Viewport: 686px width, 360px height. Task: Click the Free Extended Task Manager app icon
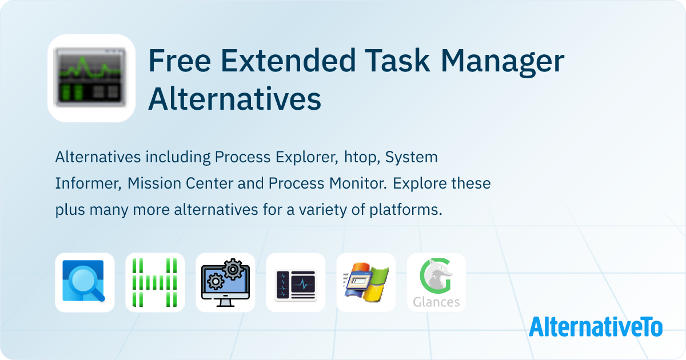coord(91,78)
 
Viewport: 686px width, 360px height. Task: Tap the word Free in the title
coord(180,61)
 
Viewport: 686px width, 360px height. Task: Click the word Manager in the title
coord(502,63)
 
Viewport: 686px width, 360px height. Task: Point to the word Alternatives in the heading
coord(235,98)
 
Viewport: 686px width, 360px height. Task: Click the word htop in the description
coord(362,158)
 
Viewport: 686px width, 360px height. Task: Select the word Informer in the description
coord(88,183)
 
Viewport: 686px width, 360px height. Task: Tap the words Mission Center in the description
coord(180,183)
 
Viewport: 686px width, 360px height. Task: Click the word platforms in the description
coord(406,210)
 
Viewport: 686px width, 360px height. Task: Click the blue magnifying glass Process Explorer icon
coord(85,282)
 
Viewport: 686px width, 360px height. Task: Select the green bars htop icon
coord(155,282)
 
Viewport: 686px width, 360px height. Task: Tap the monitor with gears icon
coord(225,282)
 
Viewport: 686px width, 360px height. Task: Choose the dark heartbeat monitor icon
coord(296,282)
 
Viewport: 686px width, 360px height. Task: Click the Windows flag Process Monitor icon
coord(366,282)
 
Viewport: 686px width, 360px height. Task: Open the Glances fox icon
coord(436,282)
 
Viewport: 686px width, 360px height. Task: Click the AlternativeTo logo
coord(596,327)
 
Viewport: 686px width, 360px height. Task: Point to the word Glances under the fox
coord(436,302)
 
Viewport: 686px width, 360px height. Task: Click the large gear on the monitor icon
coord(233,269)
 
